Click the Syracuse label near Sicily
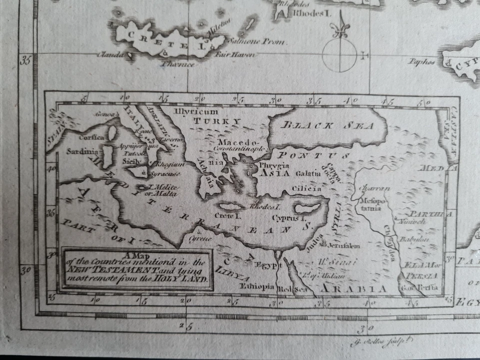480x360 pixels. coord(164,173)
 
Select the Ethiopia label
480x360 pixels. coord(257,286)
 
